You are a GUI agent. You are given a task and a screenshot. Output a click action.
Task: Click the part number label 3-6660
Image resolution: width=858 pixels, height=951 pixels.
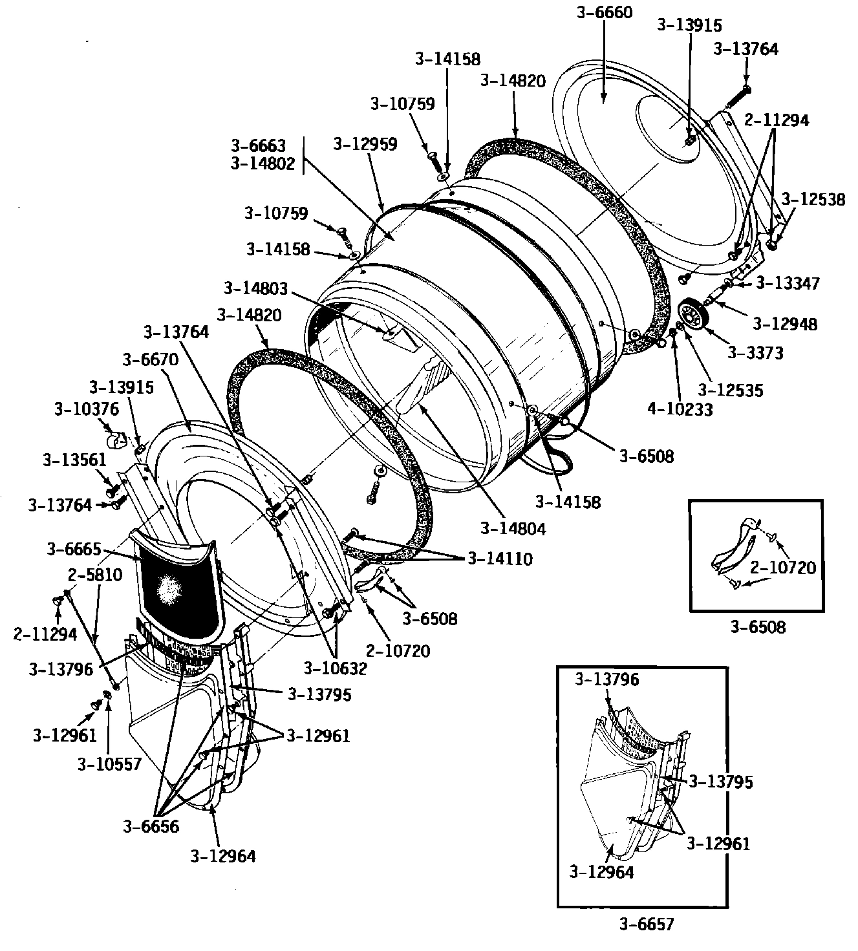tap(603, 12)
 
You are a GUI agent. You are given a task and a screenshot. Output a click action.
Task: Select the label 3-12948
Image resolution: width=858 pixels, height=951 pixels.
tap(784, 323)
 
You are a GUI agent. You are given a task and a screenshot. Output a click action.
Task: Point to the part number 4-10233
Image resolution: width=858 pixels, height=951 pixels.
tap(680, 409)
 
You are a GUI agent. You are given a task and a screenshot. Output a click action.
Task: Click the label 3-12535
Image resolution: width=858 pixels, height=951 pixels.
tap(731, 390)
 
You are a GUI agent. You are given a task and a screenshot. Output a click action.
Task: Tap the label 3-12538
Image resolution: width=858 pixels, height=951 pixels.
tap(813, 199)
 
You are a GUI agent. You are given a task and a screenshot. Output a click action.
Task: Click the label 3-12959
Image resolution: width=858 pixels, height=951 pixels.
tap(365, 144)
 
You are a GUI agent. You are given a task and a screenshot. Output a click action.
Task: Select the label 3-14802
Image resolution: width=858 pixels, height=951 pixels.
tap(263, 164)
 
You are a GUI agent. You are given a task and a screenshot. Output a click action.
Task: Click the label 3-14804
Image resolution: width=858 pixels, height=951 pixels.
tap(513, 528)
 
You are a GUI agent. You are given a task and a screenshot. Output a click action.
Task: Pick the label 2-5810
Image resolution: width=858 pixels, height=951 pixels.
tap(95, 575)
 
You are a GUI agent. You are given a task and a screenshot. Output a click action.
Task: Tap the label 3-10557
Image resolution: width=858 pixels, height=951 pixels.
tap(109, 764)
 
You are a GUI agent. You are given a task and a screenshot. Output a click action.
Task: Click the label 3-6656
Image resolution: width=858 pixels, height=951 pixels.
tap(151, 826)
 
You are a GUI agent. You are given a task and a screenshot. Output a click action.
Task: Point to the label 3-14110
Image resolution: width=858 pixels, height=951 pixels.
tap(500, 559)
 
